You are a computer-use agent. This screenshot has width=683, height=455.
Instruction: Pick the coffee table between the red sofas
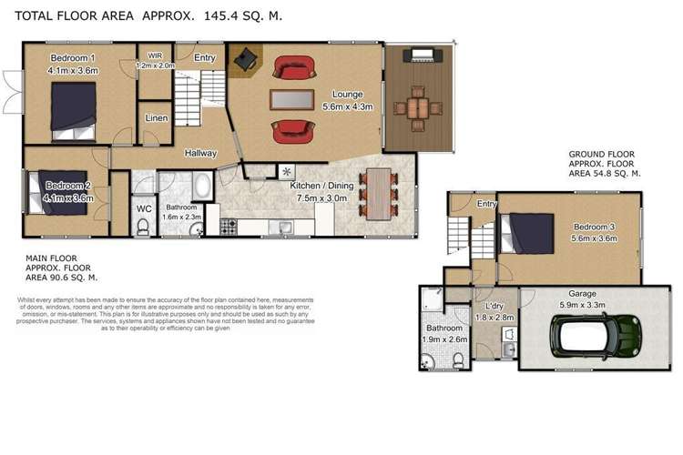click(x=291, y=100)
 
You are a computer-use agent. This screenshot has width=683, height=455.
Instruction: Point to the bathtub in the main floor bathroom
click(x=202, y=189)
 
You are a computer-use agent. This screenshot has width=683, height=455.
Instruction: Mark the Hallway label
click(x=199, y=153)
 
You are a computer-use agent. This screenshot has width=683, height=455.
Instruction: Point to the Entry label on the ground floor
click(x=487, y=204)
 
